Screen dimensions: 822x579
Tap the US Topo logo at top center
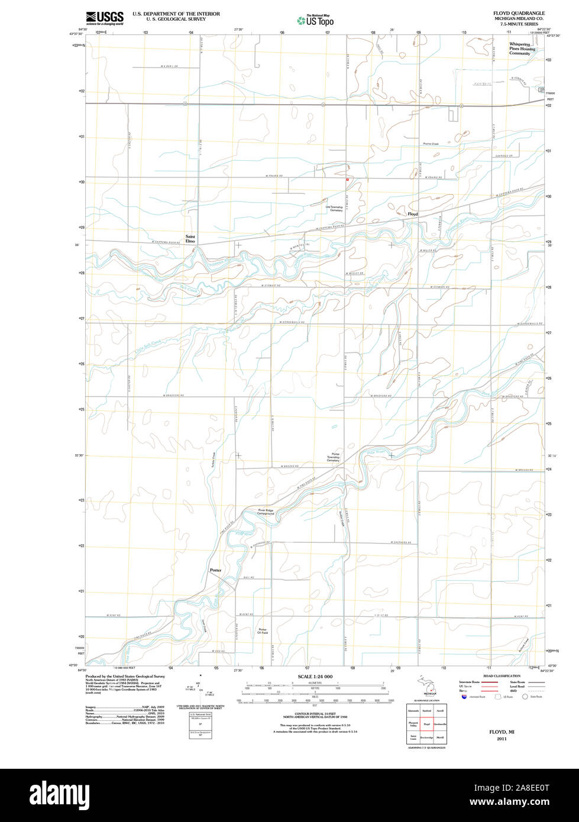315,20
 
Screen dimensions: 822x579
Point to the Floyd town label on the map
412,214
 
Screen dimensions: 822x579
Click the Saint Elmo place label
190,240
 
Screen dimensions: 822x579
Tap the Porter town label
215,570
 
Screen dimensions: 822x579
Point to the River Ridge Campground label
266,512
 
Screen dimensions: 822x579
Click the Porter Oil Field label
263,631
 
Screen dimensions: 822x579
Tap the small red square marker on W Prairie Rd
347,179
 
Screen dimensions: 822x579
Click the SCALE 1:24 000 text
315,676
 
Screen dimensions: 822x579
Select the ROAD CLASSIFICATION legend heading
502,676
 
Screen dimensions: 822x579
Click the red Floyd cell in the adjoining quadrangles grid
426,724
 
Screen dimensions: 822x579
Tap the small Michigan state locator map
425,690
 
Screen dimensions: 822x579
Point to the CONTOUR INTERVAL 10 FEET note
315,714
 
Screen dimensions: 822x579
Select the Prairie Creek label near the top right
431,144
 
